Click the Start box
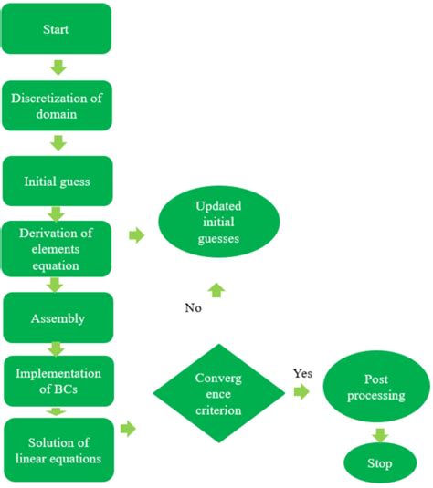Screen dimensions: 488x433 pos(57,29)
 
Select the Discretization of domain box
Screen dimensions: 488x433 pos(57,107)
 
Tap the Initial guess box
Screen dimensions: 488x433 pos(57,181)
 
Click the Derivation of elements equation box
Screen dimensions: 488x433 pos(57,247)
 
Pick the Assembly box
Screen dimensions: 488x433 pos(57,318)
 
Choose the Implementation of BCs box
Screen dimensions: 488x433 pos(57,380)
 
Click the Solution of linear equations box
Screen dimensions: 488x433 pos(57,449)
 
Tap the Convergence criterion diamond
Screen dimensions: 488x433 pos(217,394)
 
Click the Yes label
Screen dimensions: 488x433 pos(302,373)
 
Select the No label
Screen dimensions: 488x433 pos(193,307)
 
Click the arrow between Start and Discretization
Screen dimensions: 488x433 pos(58,67)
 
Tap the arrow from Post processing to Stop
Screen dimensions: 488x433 pos(379,434)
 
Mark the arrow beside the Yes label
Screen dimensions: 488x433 pos(301,392)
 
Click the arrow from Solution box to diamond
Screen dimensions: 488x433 pos(129,428)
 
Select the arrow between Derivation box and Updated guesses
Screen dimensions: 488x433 pos(136,235)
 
